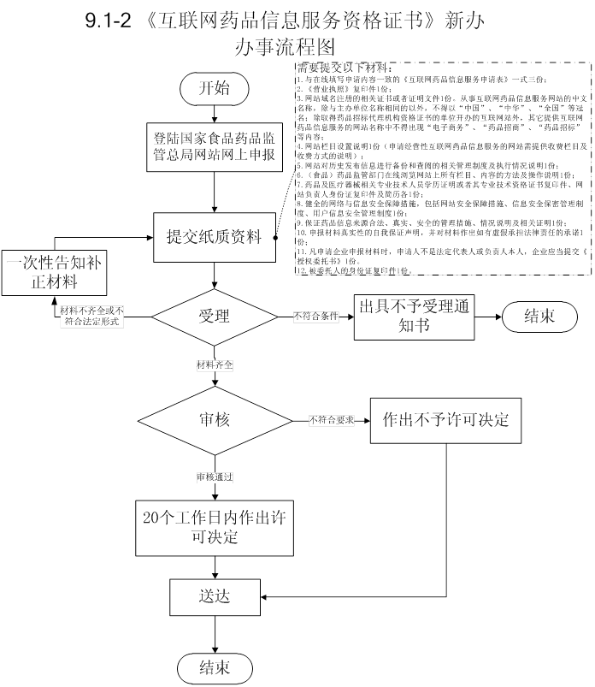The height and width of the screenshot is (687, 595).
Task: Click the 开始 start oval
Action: coord(215,87)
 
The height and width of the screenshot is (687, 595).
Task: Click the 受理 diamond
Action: coord(215,316)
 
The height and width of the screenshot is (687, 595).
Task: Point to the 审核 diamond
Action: coord(215,420)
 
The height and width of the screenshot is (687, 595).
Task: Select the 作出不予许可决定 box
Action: coord(446,419)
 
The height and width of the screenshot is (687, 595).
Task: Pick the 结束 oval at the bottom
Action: coord(215,666)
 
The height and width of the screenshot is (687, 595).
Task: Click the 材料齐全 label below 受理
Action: coord(215,364)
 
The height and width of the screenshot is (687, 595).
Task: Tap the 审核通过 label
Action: coord(215,475)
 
